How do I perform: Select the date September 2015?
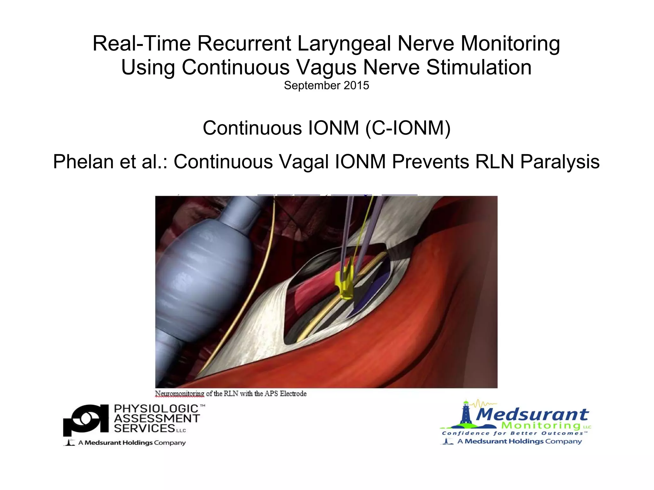pos(326,86)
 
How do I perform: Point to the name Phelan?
pos(83,162)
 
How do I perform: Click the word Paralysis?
pos(560,162)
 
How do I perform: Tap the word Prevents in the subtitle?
pos(430,162)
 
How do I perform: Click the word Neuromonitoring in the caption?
pos(179,394)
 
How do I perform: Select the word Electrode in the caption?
pos(293,394)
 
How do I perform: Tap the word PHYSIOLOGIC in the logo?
pos(156,409)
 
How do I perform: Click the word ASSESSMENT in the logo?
pos(157,418)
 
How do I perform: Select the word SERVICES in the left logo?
pos(144,428)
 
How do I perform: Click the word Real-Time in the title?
pos(141,44)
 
